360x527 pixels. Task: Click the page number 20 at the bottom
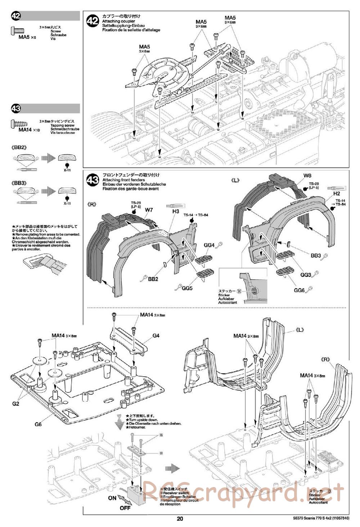(180, 519)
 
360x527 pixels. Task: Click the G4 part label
(156, 335)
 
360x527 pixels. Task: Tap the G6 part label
(39, 424)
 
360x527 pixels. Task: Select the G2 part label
(15, 404)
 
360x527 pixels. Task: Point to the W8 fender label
(307, 176)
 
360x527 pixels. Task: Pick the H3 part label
(175, 212)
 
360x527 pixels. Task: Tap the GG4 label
(209, 245)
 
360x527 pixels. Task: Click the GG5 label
(187, 288)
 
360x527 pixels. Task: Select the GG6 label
(299, 290)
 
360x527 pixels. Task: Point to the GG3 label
(306, 275)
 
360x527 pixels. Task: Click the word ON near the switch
(112, 498)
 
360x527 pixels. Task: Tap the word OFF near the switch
(125, 508)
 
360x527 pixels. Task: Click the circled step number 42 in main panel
(93, 21)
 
